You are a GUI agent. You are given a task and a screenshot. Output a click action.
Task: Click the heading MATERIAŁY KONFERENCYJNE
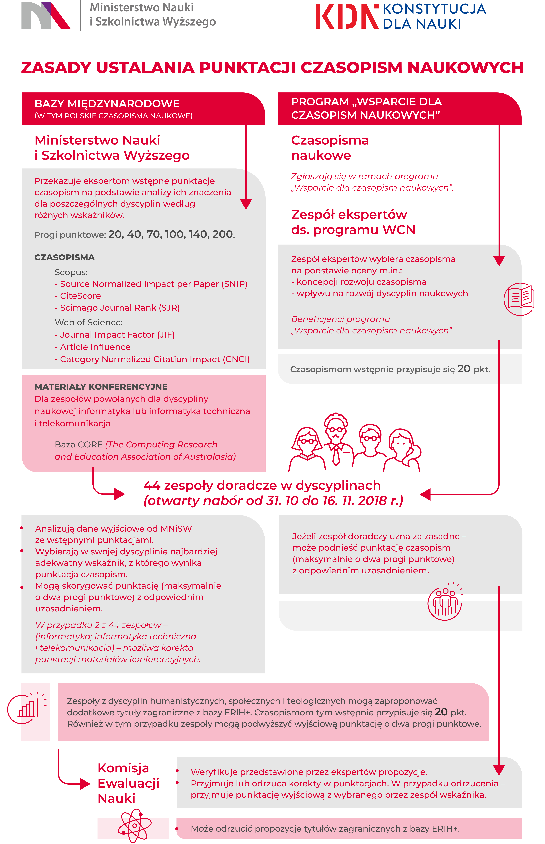click(x=101, y=387)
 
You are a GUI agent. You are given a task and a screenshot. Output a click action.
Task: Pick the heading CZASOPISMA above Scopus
click(x=64, y=257)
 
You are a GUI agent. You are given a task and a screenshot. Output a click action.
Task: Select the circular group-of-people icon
click(x=445, y=602)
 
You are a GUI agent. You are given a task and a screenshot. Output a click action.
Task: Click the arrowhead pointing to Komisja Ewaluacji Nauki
click(x=85, y=784)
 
